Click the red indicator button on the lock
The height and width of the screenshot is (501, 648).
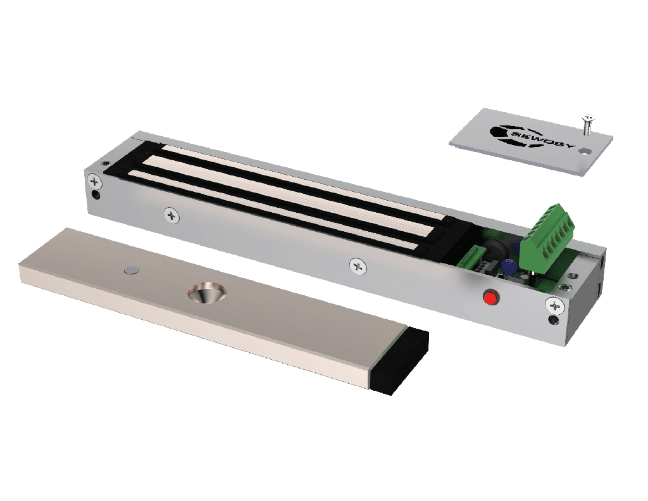pos(490,298)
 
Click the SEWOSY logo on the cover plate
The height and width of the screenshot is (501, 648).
pos(531,136)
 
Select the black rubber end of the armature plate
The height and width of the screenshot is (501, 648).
pos(401,361)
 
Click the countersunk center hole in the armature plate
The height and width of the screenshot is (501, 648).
pos(207,293)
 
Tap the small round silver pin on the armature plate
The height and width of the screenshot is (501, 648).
pos(132,270)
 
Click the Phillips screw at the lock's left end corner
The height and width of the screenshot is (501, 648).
pos(95,181)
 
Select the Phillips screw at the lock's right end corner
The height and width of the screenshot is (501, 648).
pos(554,306)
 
